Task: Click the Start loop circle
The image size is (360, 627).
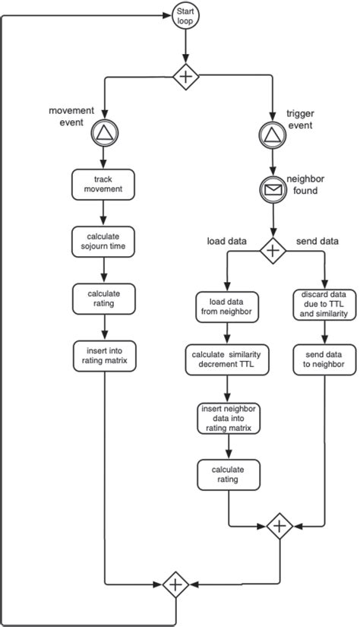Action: click(x=185, y=16)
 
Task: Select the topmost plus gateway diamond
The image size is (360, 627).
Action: click(x=185, y=75)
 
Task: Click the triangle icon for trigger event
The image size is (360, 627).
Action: click(x=271, y=135)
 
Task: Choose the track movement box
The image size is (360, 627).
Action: click(x=103, y=184)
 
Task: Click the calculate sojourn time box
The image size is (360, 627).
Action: click(x=103, y=240)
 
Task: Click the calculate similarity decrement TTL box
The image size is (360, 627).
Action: click(x=228, y=359)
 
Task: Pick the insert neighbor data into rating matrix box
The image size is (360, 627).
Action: click(x=228, y=418)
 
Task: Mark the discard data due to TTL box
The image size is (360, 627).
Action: click(x=324, y=304)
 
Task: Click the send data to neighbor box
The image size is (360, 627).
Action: click(x=324, y=359)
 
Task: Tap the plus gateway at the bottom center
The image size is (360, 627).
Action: click(x=175, y=584)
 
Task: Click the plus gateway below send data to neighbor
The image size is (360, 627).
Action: click(x=280, y=525)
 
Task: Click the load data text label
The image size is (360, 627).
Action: click(x=227, y=242)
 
